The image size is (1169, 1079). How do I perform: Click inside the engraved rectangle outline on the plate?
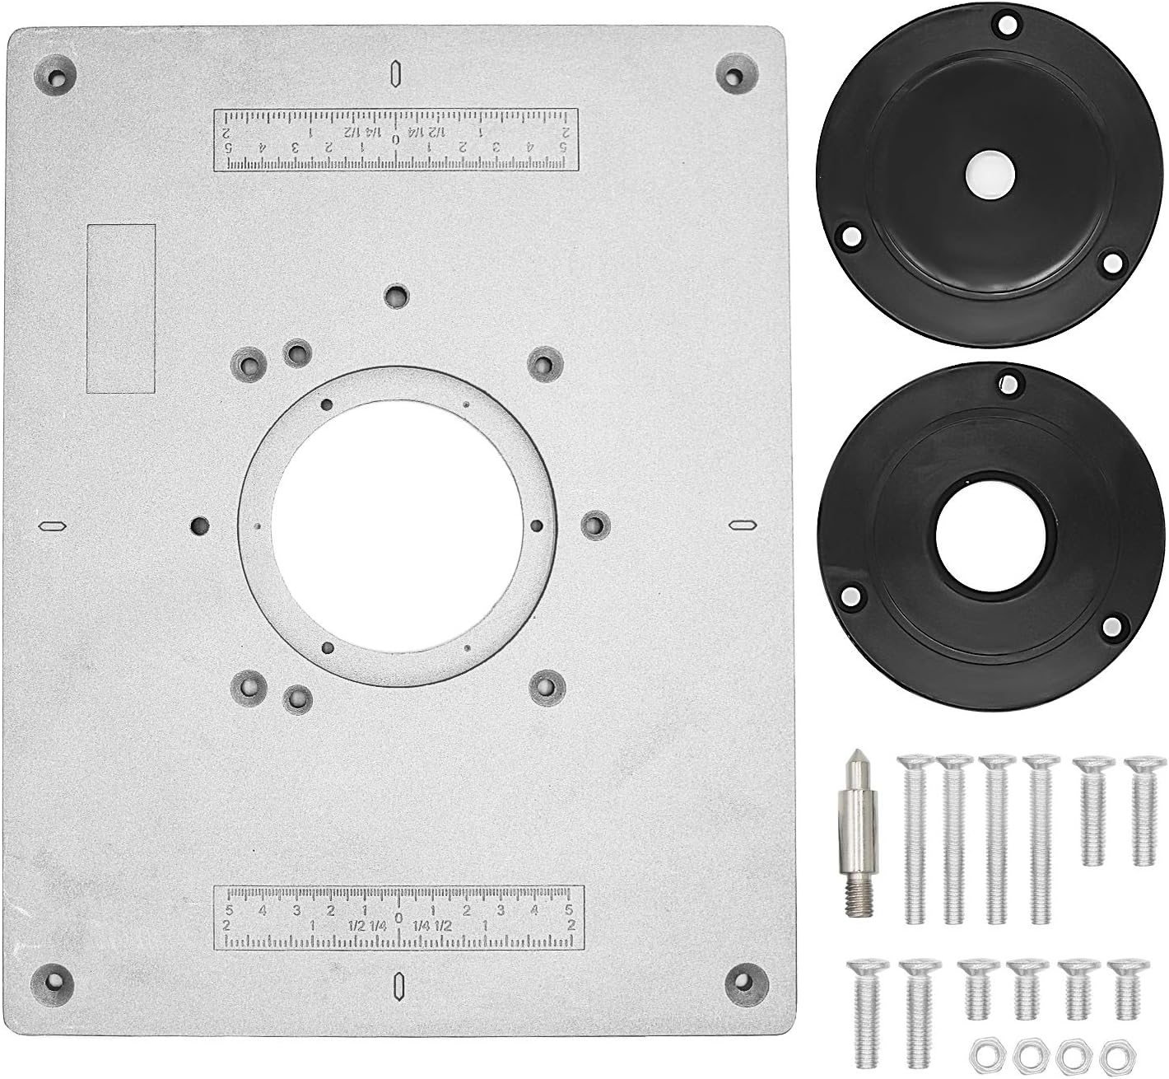[x=121, y=307]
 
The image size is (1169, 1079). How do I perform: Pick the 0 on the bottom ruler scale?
[x=398, y=918]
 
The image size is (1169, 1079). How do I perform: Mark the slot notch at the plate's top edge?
[x=396, y=73]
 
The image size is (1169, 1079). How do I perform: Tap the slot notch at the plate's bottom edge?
[x=398, y=984]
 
